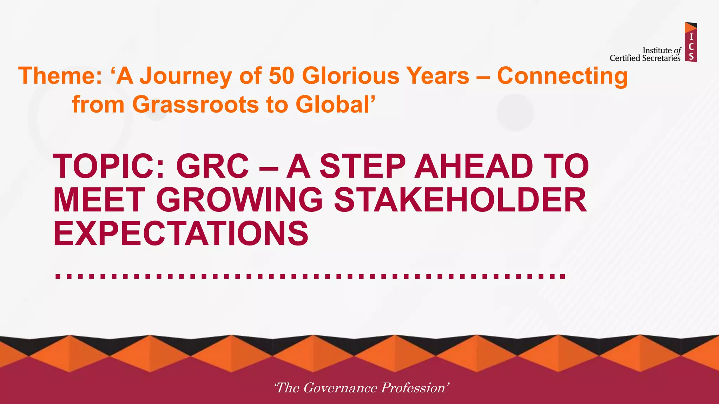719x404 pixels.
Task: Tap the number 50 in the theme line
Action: click(281, 76)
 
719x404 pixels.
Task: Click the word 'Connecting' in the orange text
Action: click(562, 76)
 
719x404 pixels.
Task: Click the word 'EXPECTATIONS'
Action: click(180, 234)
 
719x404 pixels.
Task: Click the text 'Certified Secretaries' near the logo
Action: click(645, 58)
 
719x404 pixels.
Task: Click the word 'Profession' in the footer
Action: click(413, 388)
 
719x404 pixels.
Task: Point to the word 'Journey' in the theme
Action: click(186, 76)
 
